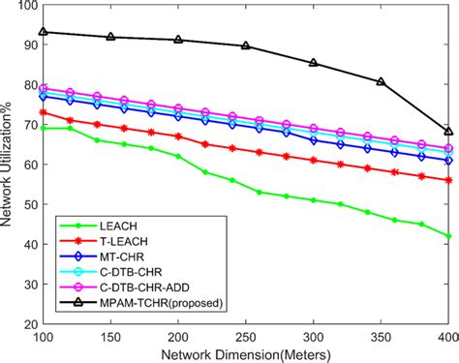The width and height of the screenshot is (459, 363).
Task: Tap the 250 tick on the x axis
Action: (x=247, y=336)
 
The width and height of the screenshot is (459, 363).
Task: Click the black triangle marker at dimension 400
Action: (x=447, y=131)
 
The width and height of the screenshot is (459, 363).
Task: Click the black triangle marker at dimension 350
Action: (x=381, y=82)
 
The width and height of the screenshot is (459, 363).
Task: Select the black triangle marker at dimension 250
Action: (x=246, y=45)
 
